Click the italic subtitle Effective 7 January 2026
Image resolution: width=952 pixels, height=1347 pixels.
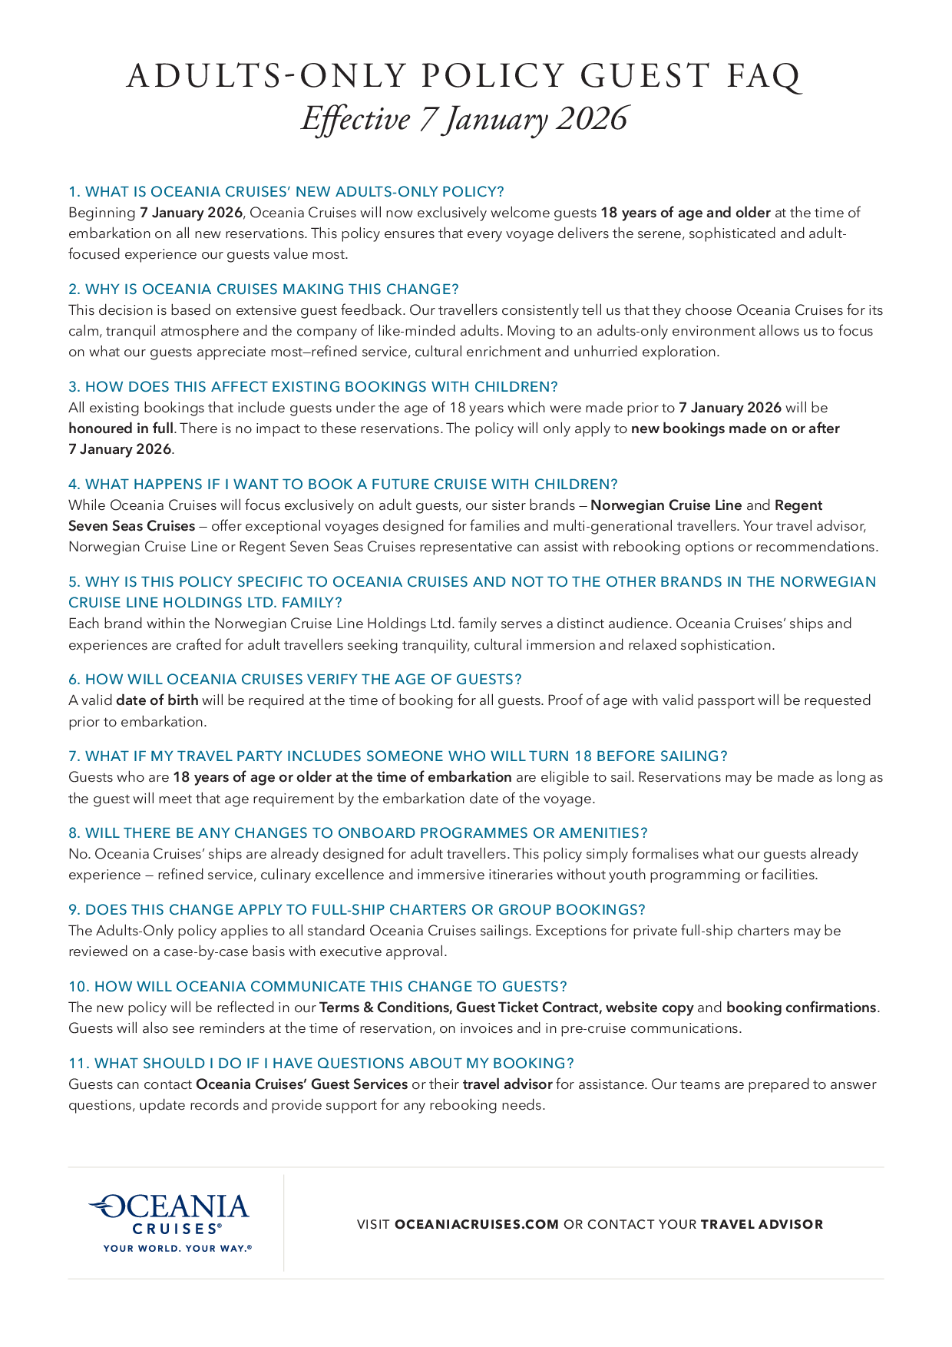pos(464,119)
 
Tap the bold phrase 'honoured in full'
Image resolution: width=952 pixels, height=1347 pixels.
pos(121,428)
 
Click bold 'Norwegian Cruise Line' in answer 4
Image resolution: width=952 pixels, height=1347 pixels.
pos(666,505)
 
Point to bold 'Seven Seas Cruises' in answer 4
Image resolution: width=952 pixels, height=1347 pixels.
pos(131,526)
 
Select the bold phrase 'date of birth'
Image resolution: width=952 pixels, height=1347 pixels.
pos(157,700)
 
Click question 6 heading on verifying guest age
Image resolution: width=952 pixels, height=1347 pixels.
pos(295,679)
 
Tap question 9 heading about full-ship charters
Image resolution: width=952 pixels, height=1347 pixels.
pos(357,909)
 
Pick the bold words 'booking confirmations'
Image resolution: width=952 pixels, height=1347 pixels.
pos(801,1007)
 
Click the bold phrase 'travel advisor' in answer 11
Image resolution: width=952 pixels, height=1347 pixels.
pos(507,1084)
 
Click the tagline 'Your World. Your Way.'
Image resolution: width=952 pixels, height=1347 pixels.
pos(177,1248)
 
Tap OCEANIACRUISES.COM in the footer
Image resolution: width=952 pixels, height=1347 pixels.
pos(477,1224)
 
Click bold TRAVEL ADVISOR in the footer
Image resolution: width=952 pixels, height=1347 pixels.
pos(762,1224)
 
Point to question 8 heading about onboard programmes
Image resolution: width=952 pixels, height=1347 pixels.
pos(358,832)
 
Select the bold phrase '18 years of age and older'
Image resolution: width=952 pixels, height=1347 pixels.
pos(685,212)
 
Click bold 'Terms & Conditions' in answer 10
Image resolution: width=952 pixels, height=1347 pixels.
pos(384,1007)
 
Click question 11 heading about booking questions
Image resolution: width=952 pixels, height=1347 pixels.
pos(321,1063)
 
